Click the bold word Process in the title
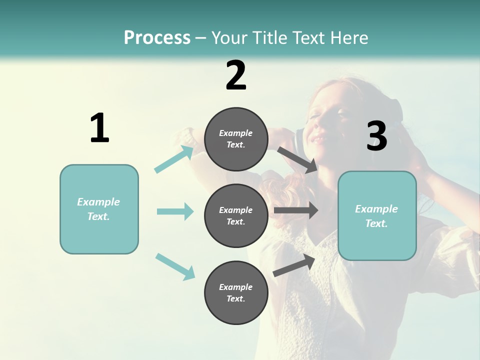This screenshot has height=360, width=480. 157,37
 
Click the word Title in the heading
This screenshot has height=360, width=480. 268,37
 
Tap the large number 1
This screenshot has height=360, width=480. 99,128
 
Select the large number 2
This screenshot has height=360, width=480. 236,75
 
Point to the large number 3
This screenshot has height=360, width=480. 376,136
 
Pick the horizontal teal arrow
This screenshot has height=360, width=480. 175,211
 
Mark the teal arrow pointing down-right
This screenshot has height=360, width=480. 175,266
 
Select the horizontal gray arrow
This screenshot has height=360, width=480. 295,210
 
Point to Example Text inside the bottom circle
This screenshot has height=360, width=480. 236,293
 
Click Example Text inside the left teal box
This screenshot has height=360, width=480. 99,209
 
